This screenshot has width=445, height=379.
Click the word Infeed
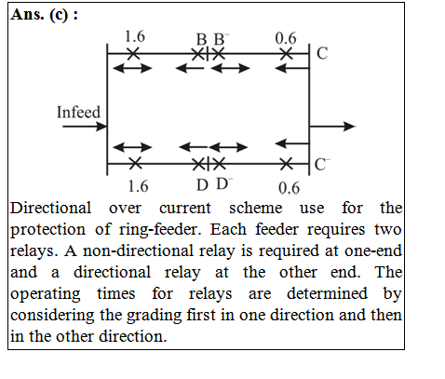click(x=78, y=112)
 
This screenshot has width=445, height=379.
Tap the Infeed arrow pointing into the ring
click(x=85, y=127)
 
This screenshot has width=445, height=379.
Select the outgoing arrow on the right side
click(x=332, y=127)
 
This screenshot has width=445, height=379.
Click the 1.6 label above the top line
click(x=135, y=36)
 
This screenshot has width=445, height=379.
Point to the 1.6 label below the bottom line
click(x=138, y=186)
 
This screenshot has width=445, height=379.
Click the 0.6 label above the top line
click(x=286, y=38)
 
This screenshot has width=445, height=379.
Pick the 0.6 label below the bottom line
click(x=289, y=188)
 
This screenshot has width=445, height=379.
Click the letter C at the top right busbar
click(x=322, y=53)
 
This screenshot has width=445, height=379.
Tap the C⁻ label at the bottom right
click(x=322, y=165)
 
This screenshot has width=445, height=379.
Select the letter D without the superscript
click(x=202, y=185)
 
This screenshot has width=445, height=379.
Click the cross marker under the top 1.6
click(x=133, y=54)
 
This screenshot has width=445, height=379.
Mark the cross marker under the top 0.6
click(x=287, y=54)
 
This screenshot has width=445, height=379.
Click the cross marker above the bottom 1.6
click(x=135, y=163)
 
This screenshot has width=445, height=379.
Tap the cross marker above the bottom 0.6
click(x=286, y=164)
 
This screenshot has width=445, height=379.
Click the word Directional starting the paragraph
click(x=50, y=208)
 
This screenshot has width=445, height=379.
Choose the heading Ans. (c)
click(x=44, y=15)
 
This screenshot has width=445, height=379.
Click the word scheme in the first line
click(x=255, y=208)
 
